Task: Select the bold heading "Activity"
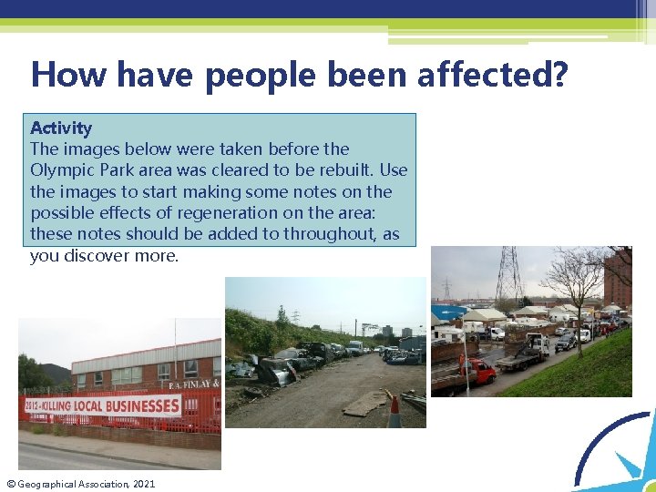click(61, 128)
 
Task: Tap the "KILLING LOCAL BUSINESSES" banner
click(114, 405)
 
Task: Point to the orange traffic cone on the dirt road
click(395, 413)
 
